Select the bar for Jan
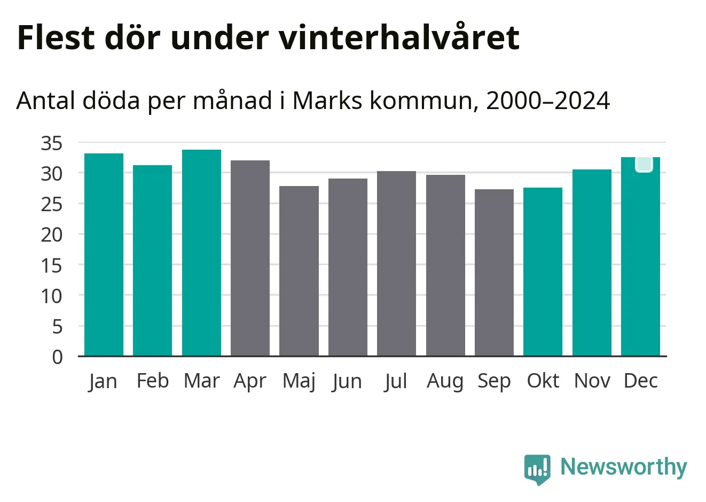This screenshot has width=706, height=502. (104, 254)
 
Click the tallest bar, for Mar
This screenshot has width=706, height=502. (201, 253)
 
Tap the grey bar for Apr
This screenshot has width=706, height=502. (250, 258)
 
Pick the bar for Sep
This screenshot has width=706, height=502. (494, 273)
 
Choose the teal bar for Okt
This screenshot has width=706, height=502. (543, 272)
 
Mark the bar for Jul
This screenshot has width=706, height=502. (396, 264)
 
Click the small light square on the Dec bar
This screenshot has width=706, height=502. (644, 164)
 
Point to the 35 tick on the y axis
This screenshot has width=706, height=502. (52, 143)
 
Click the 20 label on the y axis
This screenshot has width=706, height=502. (52, 235)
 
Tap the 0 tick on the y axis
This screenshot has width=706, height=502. (57, 357)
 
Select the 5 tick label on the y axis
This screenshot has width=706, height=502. (57, 327)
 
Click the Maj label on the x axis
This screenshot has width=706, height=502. (299, 381)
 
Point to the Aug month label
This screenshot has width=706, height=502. (445, 381)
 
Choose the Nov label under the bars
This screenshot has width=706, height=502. (592, 381)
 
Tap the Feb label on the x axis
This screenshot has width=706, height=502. (152, 381)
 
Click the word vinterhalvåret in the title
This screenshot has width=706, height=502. (398, 37)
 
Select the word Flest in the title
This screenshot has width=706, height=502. (56, 37)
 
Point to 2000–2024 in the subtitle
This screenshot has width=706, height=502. (548, 101)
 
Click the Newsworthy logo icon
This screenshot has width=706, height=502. (537, 469)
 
